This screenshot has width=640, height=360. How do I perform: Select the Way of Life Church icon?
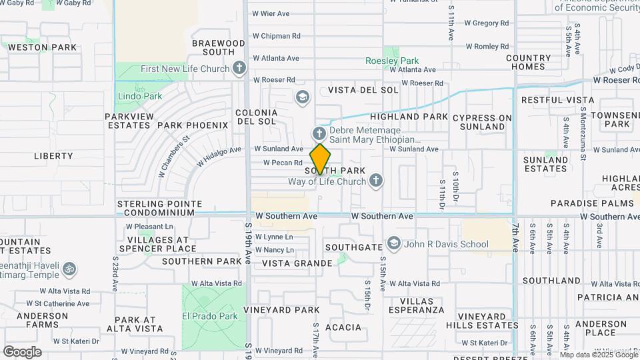click(376, 181)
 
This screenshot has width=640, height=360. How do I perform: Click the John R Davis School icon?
click(393, 243)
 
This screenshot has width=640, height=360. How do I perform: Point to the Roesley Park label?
click(391, 61)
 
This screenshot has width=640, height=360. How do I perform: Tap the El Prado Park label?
click(211, 316)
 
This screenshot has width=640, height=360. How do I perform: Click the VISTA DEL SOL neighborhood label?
click(363, 89)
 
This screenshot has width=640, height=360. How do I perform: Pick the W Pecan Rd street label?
click(283, 162)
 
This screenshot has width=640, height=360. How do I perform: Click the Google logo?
click(22, 351)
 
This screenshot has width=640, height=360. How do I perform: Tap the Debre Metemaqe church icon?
click(319, 134)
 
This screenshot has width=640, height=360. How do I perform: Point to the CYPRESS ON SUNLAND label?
click(482, 122)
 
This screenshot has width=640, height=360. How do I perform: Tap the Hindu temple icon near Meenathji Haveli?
click(69, 269)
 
